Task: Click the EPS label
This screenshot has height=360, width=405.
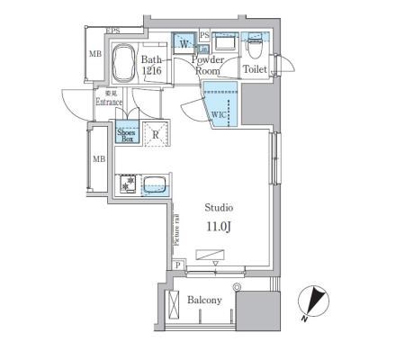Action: (x=113, y=32)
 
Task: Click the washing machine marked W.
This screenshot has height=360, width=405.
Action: (x=184, y=43)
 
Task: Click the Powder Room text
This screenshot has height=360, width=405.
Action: (x=208, y=65)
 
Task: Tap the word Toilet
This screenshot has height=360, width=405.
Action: (x=255, y=67)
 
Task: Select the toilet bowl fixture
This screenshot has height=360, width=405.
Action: (x=255, y=43)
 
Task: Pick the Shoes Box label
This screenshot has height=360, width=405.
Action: (x=127, y=135)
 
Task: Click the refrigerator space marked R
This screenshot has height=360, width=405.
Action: (x=156, y=135)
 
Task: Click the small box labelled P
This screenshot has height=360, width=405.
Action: (x=178, y=265)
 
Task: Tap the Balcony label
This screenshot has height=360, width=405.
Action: (x=204, y=301)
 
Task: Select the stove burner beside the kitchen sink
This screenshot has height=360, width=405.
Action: (x=129, y=183)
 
